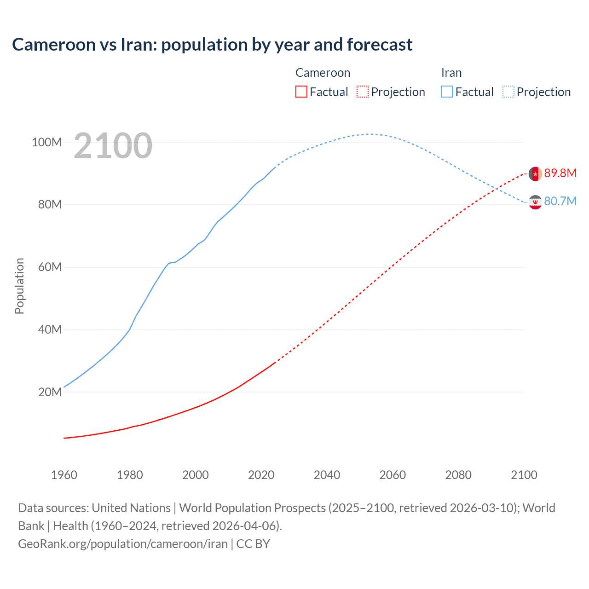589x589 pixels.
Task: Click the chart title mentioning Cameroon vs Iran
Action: (x=212, y=45)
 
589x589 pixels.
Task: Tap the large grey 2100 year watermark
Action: (x=113, y=146)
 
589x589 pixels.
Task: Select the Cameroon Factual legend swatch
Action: (x=301, y=92)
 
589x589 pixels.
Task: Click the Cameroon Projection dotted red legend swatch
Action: (x=363, y=92)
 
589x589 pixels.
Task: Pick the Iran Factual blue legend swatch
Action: (x=446, y=92)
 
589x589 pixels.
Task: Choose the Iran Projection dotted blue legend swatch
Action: (x=508, y=92)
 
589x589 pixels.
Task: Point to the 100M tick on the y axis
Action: (x=46, y=142)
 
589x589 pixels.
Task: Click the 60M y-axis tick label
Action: (x=49, y=267)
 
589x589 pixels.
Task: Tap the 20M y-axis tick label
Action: (x=49, y=393)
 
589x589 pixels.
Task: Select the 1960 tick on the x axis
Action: (x=64, y=475)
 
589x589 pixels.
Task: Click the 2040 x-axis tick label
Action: (x=327, y=475)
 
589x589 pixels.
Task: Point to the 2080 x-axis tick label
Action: (x=458, y=475)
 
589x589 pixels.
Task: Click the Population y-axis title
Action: (x=19, y=286)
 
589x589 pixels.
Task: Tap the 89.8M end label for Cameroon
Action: (x=560, y=173)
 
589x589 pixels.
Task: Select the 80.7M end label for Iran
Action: (x=560, y=201)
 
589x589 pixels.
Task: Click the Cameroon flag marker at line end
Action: (x=535, y=174)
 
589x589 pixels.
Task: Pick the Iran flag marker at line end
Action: (x=535, y=202)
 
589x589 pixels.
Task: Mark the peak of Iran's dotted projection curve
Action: (x=370, y=134)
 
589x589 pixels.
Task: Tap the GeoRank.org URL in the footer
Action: (x=123, y=544)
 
